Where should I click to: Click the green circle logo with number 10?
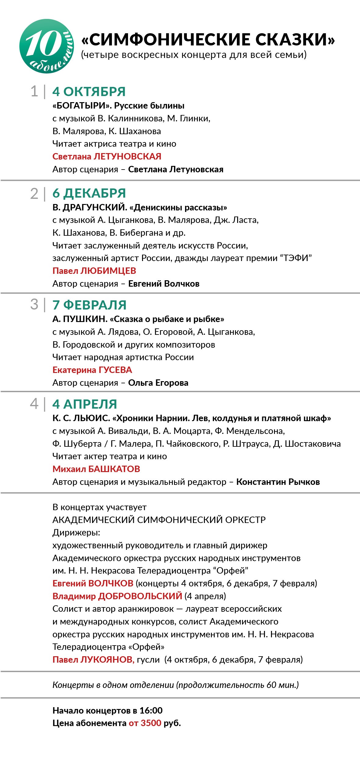point(46,46)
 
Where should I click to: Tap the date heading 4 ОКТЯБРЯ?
point(89,91)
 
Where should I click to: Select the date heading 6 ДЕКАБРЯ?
point(89,193)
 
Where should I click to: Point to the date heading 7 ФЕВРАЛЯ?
point(89,305)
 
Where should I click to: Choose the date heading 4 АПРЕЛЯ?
point(85,404)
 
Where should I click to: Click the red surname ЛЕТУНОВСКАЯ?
point(127,156)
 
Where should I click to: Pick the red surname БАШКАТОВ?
point(114,469)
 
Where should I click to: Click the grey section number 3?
point(34,305)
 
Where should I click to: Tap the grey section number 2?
point(34,194)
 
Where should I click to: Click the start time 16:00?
point(151,711)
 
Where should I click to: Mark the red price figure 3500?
point(151,723)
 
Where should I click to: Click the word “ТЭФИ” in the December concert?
point(296,258)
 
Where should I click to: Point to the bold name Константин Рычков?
point(278,482)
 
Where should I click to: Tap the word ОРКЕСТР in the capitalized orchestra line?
point(245,520)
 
